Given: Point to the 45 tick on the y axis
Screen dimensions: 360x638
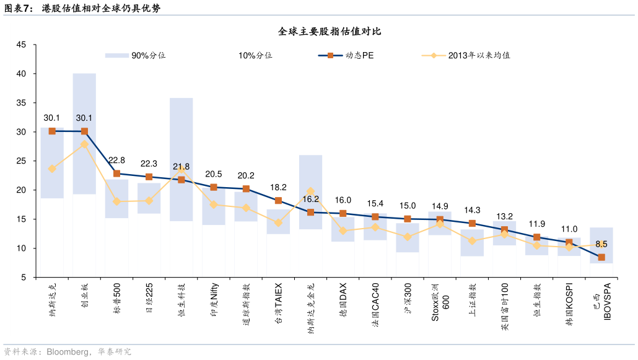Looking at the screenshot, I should pyautogui.click(x=21, y=45).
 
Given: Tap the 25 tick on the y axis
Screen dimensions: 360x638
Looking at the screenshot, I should pyautogui.click(x=21, y=161).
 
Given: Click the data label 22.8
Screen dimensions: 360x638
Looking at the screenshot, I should pyautogui.click(x=116, y=160).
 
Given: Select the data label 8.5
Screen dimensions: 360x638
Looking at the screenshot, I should pyautogui.click(x=601, y=244).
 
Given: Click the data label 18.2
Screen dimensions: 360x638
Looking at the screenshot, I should pyautogui.click(x=278, y=187).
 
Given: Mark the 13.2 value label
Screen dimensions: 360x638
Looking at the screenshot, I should pyautogui.click(x=505, y=216).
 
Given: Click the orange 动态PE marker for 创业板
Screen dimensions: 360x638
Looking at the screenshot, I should pyautogui.click(x=84, y=131).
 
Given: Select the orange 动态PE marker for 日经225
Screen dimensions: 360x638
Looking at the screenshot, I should pyautogui.click(x=149, y=177).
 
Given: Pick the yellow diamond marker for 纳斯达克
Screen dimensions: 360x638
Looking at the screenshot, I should pyautogui.click(x=52, y=169).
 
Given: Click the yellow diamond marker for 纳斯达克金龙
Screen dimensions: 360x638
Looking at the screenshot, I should pyautogui.click(x=310, y=192).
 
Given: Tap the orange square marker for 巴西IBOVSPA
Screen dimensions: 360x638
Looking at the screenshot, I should pyautogui.click(x=601, y=257).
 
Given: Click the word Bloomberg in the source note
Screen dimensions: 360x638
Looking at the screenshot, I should pyautogui.click(x=64, y=352).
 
